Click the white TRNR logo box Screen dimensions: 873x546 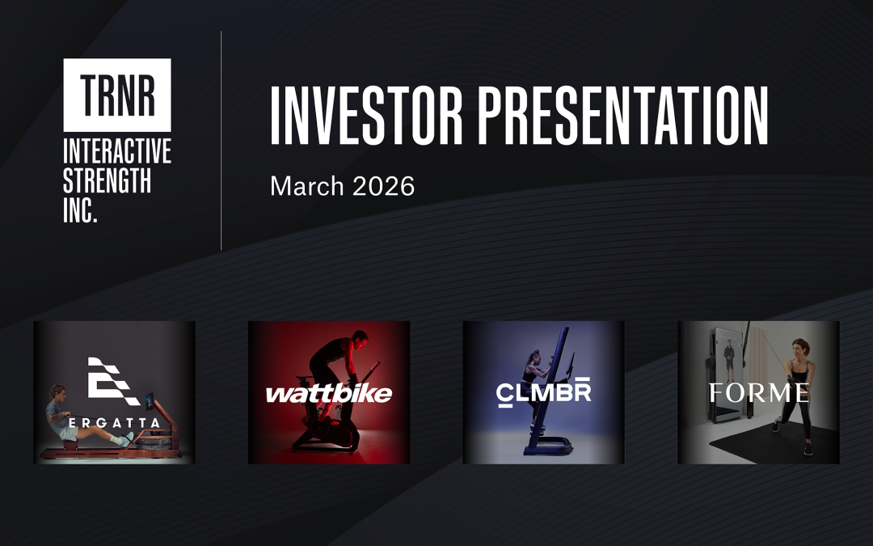click(117, 95)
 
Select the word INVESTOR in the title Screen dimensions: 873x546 click(366, 116)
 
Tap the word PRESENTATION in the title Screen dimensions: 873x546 click(623, 116)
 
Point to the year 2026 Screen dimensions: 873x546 click(384, 186)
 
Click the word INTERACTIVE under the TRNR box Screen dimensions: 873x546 click(117, 151)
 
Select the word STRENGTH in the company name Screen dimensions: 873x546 click(107, 180)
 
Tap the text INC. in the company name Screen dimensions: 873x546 click(81, 210)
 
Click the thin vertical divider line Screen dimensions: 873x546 click(221, 141)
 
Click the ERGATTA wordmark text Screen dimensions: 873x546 click(114, 423)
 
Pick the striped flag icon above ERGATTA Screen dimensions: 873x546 click(114, 381)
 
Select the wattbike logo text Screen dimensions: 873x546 click(328, 394)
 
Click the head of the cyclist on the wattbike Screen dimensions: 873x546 click(359, 337)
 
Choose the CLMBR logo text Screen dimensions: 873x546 click(543, 392)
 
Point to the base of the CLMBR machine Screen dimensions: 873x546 click(548, 447)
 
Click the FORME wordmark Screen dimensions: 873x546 click(759, 393)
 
